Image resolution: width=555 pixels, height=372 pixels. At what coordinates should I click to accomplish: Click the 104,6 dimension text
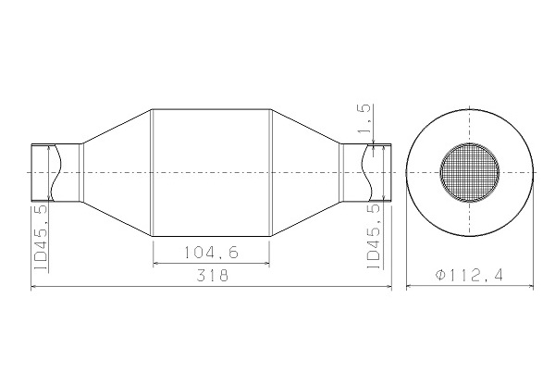tap(211, 253)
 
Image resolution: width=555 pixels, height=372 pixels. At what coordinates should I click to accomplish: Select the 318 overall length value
tap(213, 276)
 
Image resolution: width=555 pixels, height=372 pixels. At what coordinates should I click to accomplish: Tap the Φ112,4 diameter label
tap(469, 275)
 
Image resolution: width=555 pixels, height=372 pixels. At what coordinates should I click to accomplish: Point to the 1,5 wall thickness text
tap(364, 118)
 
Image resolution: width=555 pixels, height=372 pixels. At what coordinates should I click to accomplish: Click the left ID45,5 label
tap(41, 238)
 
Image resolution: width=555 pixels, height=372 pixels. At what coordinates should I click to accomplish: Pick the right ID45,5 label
tap(374, 236)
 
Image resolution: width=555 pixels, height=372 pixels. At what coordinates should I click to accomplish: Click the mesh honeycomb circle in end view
tap(470, 173)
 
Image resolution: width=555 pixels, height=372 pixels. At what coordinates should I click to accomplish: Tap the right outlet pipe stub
tap(365, 173)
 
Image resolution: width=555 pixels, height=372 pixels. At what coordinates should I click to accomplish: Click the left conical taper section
tap(117, 173)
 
